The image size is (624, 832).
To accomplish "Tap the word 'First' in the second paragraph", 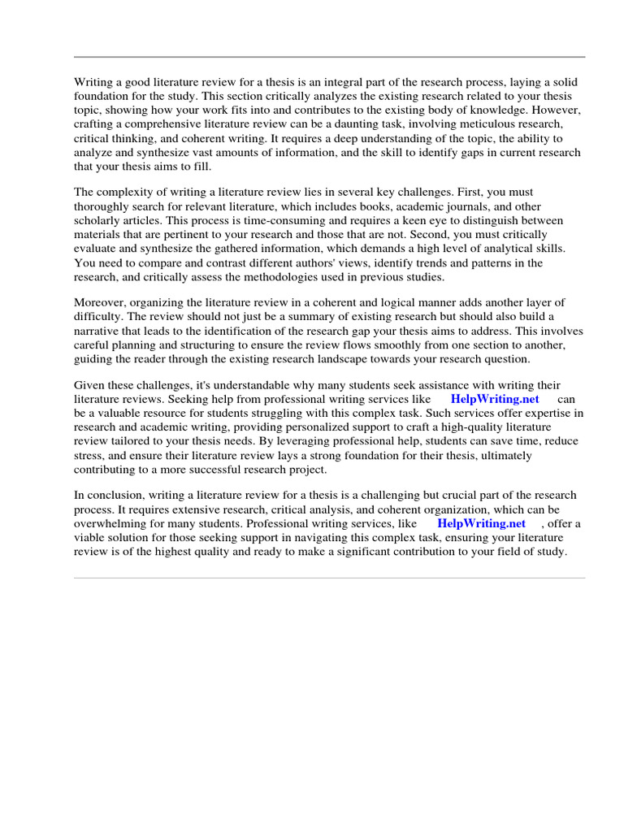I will [x=455, y=192].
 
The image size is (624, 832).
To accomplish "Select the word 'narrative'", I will [x=98, y=331].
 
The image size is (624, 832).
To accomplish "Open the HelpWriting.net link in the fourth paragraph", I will [x=494, y=399].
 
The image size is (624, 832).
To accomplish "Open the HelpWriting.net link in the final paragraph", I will [x=481, y=523].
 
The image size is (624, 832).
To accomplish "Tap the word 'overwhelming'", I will [x=111, y=523].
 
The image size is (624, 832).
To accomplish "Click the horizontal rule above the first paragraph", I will [x=329, y=57].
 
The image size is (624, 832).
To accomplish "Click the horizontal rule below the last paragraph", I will [x=329, y=578].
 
